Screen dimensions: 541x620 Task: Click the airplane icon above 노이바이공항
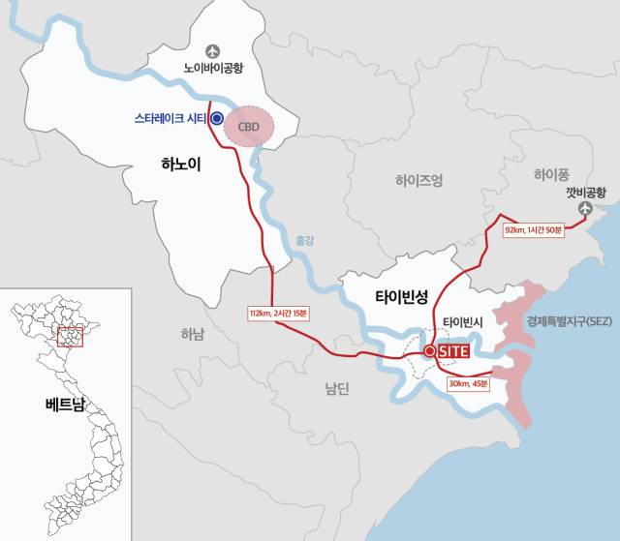[x=213, y=50]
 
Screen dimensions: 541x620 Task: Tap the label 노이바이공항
[x=213, y=69]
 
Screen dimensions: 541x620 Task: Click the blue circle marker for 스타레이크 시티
[x=217, y=119]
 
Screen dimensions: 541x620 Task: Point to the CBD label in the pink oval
[x=250, y=127]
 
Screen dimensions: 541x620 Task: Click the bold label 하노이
[x=181, y=165]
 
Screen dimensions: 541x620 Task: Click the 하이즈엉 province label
[x=419, y=180]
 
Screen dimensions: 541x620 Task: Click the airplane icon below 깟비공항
[x=584, y=209]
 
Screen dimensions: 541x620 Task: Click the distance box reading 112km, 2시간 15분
[x=278, y=314]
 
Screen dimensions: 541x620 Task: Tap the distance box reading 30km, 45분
[x=469, y=383]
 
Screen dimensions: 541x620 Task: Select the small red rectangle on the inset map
[x=71, y=336]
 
